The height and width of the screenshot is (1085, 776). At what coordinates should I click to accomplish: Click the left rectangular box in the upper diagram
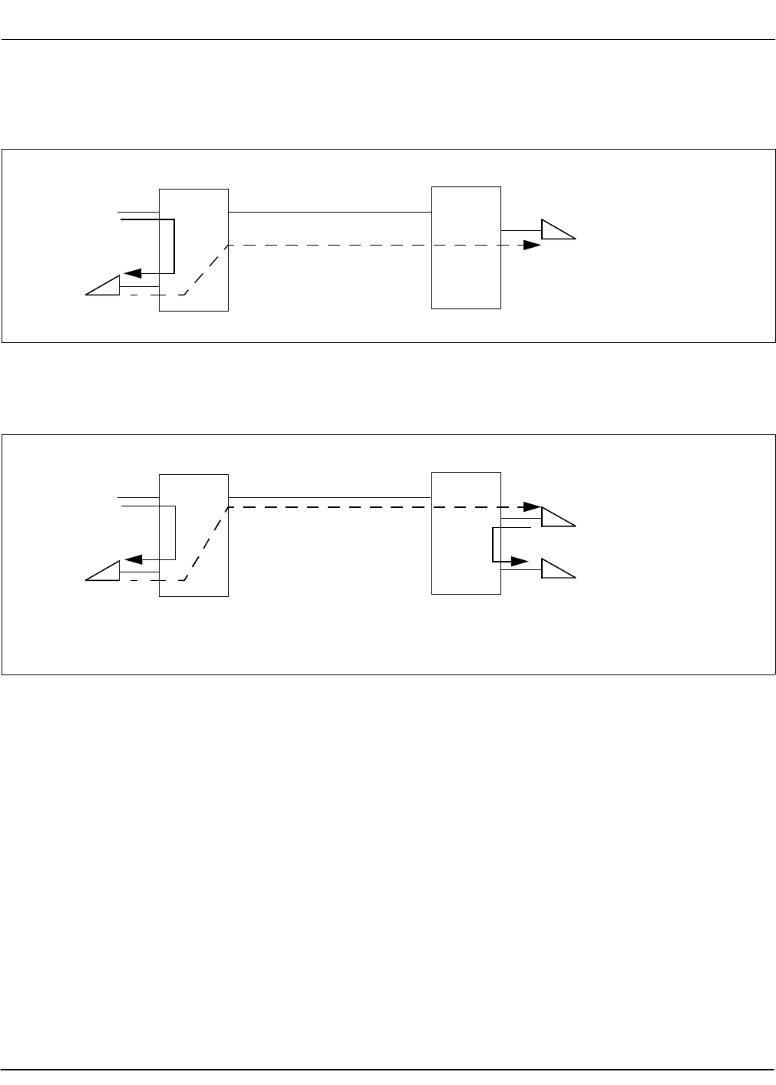click(x=193, y=249)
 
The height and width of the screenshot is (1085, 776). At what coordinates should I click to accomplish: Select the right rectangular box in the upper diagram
click(x=466, y=247)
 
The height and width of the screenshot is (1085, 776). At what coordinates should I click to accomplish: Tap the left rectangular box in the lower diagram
click(x=193, y=535)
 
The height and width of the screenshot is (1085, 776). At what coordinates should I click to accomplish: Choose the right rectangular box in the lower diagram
click(x=466, y=533)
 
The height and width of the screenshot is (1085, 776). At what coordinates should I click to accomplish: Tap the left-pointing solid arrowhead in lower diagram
click(x=131, y=559)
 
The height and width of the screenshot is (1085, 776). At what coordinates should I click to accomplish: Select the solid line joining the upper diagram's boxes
click(x=330, y=212)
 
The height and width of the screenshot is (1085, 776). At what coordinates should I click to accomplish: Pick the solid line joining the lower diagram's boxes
click(x=330, y=498)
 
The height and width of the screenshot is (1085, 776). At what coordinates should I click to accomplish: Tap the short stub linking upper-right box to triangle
click(x=521, y=230)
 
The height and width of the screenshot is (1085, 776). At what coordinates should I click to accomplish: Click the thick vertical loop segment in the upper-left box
click(x=176, y=246)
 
